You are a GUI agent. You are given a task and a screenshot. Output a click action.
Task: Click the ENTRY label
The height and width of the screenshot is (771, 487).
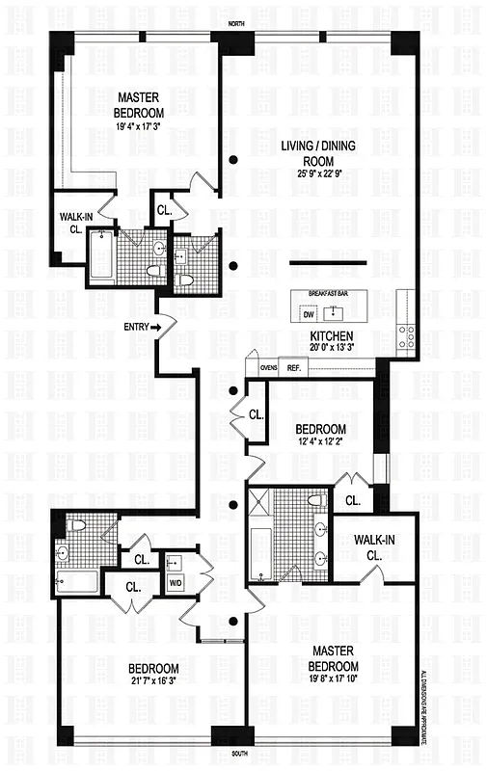coord(136,327)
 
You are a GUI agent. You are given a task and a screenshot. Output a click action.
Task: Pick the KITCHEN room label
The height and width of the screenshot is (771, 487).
coord(331,336)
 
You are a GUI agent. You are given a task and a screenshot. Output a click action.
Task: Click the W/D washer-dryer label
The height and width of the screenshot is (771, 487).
coord(175,583)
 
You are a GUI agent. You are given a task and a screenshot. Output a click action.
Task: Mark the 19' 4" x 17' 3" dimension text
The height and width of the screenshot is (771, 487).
coord(145,124)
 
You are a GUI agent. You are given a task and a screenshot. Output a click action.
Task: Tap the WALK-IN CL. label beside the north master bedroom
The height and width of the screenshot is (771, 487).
coord(73,223)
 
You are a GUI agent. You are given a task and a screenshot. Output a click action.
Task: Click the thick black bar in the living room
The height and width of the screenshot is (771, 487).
coord(328,263)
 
